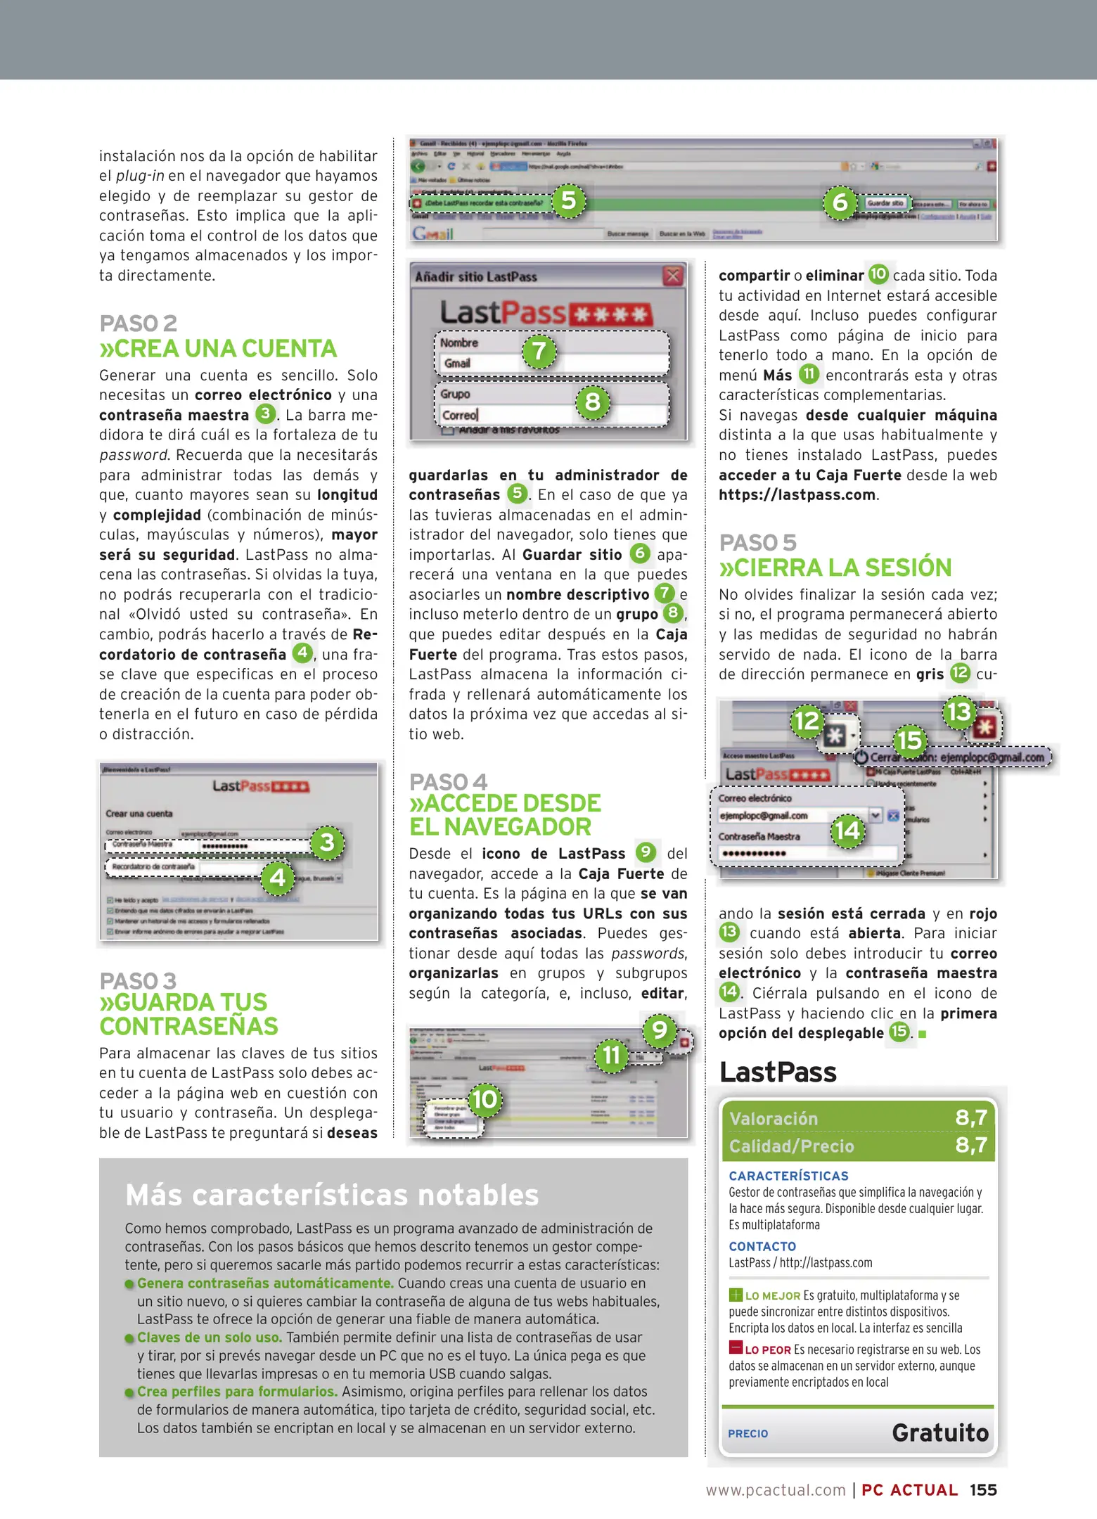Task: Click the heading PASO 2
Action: coord(138,323)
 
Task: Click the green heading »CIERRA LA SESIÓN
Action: coord(835,568)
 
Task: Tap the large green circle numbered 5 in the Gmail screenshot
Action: coord(568,201)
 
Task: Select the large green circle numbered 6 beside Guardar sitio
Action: coord(840,203)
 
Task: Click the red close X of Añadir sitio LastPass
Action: coord(673,276)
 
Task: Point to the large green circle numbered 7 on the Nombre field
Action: coord(539,351)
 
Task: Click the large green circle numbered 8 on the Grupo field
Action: coord(593,402)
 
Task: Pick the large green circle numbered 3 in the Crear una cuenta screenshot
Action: coord(327,842)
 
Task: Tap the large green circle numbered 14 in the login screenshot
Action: coord(847,831)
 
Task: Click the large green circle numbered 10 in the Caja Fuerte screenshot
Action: coord(485,1100)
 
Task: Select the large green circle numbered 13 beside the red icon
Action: coord(959,712)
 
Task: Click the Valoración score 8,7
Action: coord(971,1117)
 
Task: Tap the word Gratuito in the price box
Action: coord(940,1433)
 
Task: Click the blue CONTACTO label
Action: coord(762,1246)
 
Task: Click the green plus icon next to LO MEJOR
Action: coord(736,1295)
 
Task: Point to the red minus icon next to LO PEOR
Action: coord(736,1348)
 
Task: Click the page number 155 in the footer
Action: coord(983,1489)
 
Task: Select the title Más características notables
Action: coord(332,1196)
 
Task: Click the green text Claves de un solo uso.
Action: coord(209,1338)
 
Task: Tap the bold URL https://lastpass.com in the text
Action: coord(797,494)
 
